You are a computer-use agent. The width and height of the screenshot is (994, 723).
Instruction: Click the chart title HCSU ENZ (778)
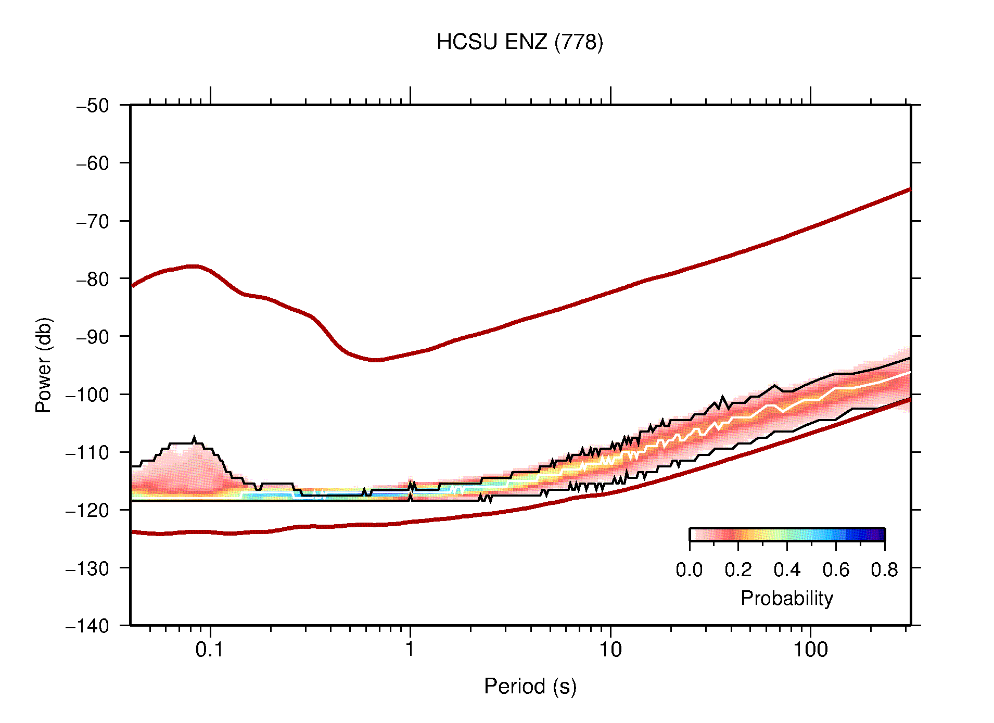click(x=519, y=42)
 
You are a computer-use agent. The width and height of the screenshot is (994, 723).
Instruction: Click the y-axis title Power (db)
click(x=44, y=365)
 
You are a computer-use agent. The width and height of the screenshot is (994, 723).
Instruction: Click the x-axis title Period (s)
click(x=530, y=686)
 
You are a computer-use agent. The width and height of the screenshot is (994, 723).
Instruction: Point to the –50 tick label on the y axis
click(x=93, y=106)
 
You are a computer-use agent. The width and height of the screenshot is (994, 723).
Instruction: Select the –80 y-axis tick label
click(x=93, y=279)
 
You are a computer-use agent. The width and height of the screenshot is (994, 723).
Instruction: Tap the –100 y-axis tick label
click(x=87, y=395)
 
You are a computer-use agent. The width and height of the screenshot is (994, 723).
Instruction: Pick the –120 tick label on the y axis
click(x=87, y=510)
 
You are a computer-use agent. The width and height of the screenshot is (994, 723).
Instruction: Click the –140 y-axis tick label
click(x=87, y=626)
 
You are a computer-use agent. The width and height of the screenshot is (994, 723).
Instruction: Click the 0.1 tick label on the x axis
click(x=209, y=650)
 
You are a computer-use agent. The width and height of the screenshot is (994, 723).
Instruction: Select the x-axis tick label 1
click(x=410, y=650)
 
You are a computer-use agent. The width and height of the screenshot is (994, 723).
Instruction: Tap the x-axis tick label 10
click(x=610, y=650)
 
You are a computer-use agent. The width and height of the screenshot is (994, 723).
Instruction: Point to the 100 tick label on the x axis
click(x=810, y=650)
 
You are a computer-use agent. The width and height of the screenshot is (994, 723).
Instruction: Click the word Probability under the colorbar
click(x=786, y=598)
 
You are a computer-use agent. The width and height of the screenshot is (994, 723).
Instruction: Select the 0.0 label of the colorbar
click(x=689, y=570)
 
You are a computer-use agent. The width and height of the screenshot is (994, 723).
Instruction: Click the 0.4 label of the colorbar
click(x=787, y=570)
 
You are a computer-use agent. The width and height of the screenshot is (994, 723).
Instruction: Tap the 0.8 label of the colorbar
click(x=884, y=570)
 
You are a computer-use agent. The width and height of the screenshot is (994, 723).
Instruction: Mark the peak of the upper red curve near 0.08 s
click(x=193, y=266)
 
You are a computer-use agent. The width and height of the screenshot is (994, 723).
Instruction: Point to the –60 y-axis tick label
click(x=93, y=163)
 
